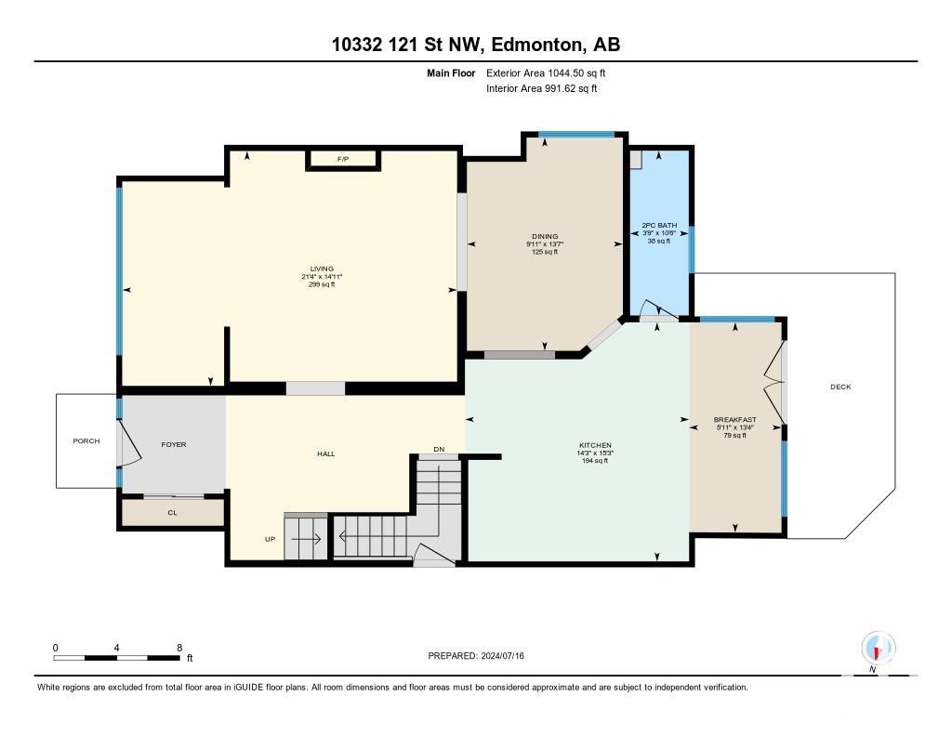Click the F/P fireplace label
343,159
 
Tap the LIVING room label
322,269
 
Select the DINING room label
545,237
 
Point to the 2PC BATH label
659,225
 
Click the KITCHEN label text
595,445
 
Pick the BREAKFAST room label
734,419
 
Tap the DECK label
840,387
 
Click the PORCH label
86,441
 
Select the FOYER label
174,445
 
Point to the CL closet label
172,513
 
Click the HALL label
326,454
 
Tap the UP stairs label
271,539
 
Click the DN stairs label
439,450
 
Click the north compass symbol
878,649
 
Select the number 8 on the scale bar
179,648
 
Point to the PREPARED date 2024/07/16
502,655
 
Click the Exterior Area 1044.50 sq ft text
546,72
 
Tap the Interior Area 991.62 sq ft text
542,88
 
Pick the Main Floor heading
451,73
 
